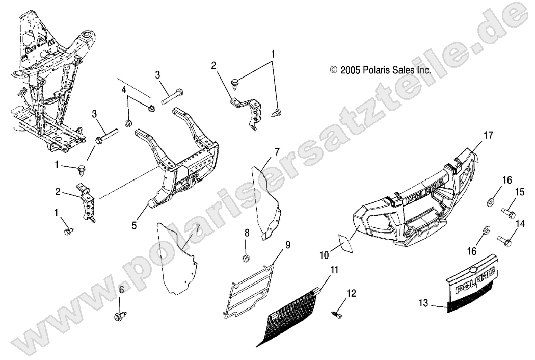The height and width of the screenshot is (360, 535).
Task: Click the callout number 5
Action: pyautogui.click(x=134, y=225)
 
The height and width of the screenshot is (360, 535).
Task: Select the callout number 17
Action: pyautogui.click(x=488, y=135)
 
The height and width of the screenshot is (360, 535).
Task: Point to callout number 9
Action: pyautogui.click(x=288, y=246)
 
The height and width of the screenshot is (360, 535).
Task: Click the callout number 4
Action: pyautogui.click(x=124, y=90)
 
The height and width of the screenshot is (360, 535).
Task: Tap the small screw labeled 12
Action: pyautogui.click(x=337, y=316)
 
